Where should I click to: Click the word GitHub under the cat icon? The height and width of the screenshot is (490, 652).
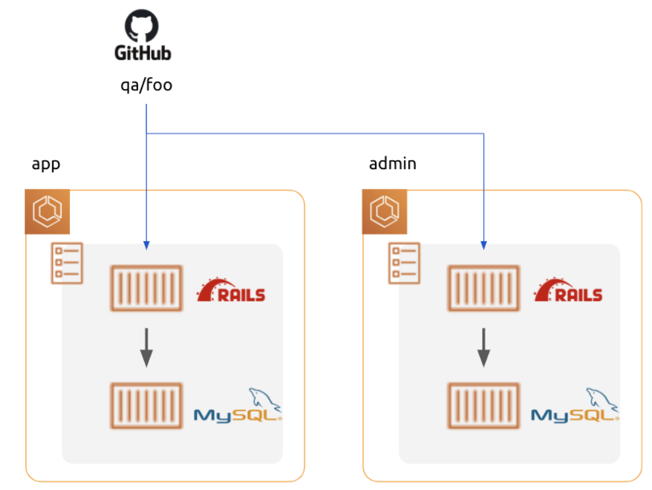(143, 53)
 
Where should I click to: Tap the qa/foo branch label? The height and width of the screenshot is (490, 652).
(146, 85)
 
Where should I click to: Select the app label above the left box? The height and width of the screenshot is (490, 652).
(46, 164)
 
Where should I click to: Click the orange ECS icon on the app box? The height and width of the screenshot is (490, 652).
(47, 211)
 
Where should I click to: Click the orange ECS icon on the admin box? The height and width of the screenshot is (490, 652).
(385, 211)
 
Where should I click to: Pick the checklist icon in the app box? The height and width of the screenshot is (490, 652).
(66, 263)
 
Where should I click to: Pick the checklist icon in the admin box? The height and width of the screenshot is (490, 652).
(404, 263)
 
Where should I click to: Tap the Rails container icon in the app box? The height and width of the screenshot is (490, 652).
(146, 288)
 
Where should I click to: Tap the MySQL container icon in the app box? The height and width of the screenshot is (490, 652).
(146, 405)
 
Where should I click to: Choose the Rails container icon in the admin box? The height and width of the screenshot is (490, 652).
(484, 288)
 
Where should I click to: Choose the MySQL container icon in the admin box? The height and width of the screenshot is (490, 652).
(484, 405)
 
